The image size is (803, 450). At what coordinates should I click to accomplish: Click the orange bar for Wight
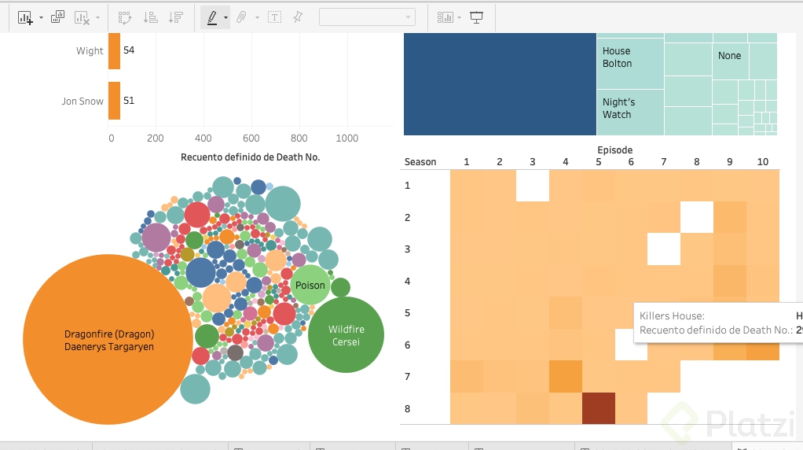pyautogui.click(x=115, y=51)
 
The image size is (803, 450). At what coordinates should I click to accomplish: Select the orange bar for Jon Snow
pyautogui.click(x=115, y=101)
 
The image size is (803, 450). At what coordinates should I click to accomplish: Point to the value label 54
pyautogui.click(x=129, y=50)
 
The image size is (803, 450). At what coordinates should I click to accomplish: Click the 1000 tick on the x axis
pyautogui.click(x=346, y=138)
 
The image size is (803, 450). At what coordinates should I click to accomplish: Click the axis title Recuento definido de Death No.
pyautogui.click(x=250, y=157)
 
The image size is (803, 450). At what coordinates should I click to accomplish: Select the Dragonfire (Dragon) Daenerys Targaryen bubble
pyautogui.click(x=108, y=339)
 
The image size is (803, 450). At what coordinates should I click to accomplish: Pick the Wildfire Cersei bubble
pyautogui.click(x=346, y=335)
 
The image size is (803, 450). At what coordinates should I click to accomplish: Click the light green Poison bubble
pyautogui.click(x=310, y=286)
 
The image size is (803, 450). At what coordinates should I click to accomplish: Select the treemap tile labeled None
pyautogui.click(x=729, y=56)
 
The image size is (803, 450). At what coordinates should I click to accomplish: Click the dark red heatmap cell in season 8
pyautogui.click(x=598, y=409)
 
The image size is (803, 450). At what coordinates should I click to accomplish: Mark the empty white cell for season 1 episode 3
pyautogui.click(x=532, y=186)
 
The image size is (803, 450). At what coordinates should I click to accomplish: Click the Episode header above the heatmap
pyautogui.click(x=614, y=150)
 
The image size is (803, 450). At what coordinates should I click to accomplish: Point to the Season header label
pyautogui.click(x=420, y=162)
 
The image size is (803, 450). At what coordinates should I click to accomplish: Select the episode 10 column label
pyautogui.click(x=762, y=162)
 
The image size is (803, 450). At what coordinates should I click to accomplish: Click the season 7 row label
pyautogui.click(x=408, y=377)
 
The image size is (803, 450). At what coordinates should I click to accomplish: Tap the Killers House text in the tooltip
pyautogui.click(x=672, y=316)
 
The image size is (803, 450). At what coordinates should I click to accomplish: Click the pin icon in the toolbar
pyautogui.click(x=298, y=17)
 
